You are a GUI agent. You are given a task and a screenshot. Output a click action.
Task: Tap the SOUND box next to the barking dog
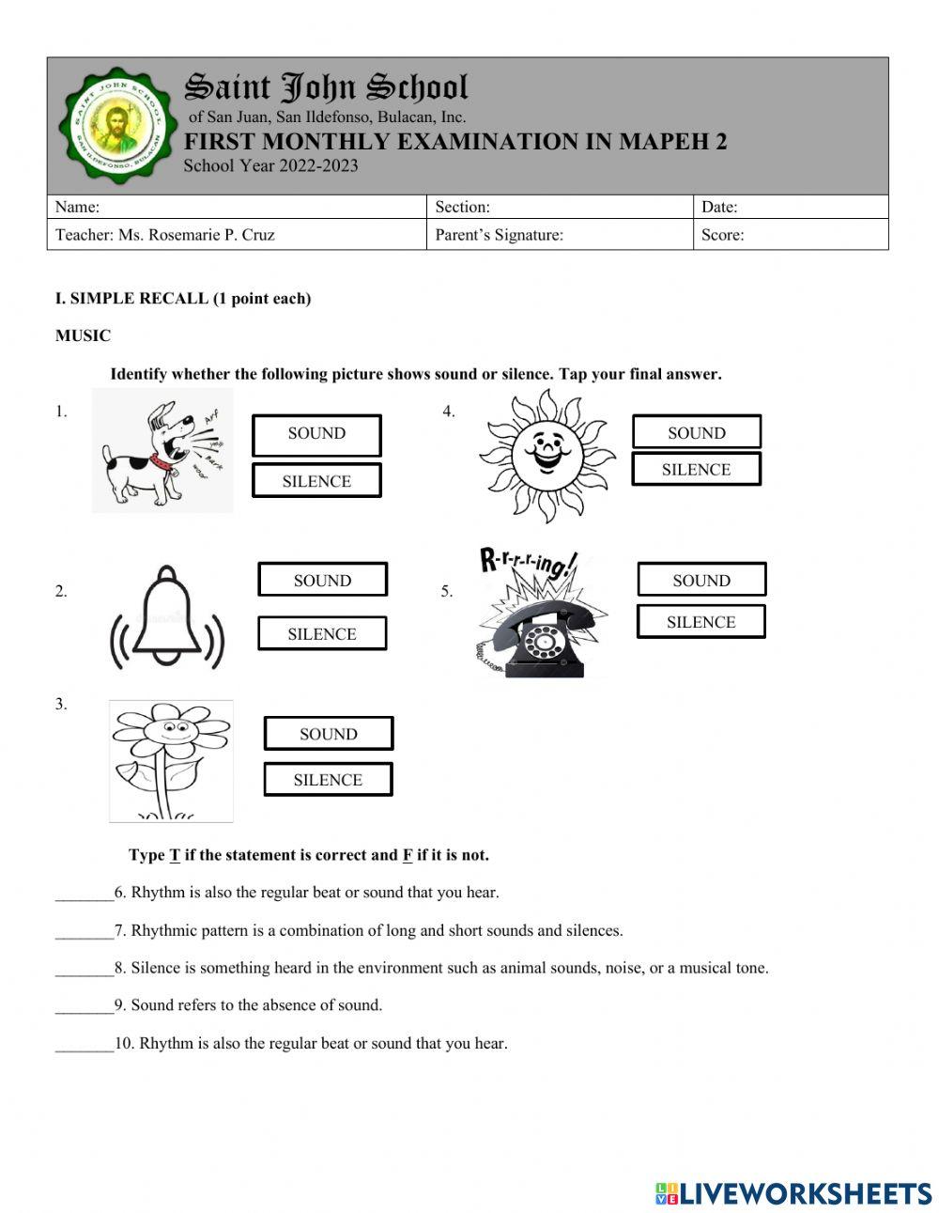click(x=316, y=434)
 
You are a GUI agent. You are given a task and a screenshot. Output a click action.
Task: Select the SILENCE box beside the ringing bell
click(x=322, y=634)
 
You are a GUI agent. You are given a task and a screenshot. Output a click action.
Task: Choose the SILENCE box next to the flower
click(x=328, y=780)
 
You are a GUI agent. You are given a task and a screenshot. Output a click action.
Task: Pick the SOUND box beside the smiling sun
click(x=696, y=432)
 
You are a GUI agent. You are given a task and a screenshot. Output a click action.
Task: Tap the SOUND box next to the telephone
click(x=701, y=580)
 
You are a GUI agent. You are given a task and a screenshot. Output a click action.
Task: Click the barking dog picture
click(x=162, y=451)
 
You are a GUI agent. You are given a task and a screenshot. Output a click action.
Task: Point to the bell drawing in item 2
click(x=168, y=615)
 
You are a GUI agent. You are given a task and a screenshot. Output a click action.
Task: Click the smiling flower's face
click(x=169, y=727)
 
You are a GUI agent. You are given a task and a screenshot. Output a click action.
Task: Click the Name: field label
click(x=78, y=207)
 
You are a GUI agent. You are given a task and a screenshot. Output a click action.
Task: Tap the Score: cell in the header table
click(x=722, y=235)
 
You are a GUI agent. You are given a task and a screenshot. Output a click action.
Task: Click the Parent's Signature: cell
click(x=499, y=235)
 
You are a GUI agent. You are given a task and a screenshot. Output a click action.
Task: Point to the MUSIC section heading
click(x=83, y=335)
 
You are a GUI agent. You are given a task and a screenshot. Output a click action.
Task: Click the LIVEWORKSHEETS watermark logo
click(x=793, y=1192)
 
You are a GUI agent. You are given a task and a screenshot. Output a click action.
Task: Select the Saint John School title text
click(x=326, y=87)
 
